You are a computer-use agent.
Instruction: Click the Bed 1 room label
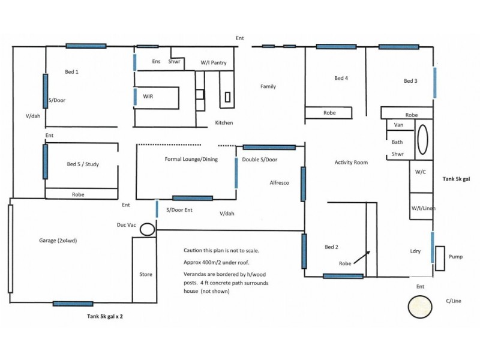click(72, 72)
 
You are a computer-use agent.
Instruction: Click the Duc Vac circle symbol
click(148, 229)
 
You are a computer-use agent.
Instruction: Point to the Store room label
click(145, 274)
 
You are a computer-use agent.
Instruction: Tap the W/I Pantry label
click(213, 62)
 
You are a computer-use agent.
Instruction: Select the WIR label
click(148, 96)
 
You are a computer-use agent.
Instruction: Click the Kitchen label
click(224, 123)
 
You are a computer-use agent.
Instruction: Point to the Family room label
click(268, 86)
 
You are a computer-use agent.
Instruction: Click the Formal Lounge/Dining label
click(191, 159)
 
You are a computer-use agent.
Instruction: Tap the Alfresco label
click(280, 182)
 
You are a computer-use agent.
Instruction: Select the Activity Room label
click(351, 163)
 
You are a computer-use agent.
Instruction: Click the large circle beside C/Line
click(419, 307)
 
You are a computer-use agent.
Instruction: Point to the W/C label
click(421, 171)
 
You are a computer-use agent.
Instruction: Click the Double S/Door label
click(259, 160)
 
